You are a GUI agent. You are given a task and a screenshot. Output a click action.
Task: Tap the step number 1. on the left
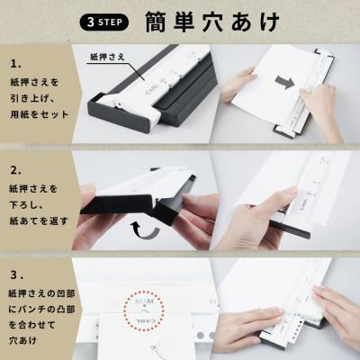tap(16, 66)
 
